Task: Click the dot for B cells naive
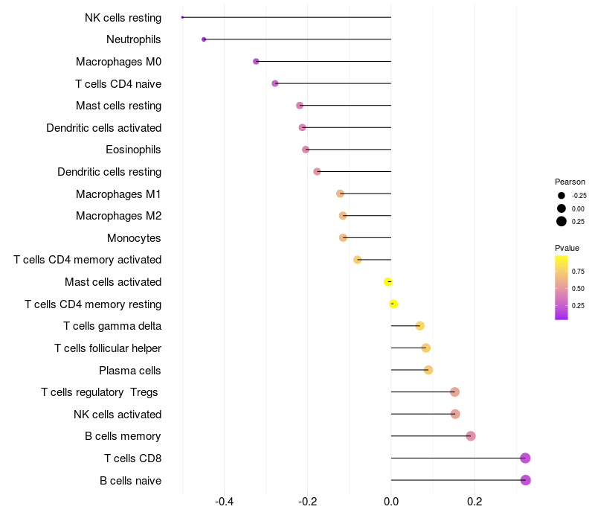pos(526,480)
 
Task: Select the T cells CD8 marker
pos(525,458)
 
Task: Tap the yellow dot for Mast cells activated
pos(388,281)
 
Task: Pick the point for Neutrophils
pos(204,39)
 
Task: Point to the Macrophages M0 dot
pos(256,61)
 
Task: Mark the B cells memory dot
pos(471,436)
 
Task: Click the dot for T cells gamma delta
pos(419,325)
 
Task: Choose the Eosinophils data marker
pos(306,150)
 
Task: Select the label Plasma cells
pos(130,370)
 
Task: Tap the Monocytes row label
pos(134,238)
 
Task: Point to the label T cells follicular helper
pos(108,348)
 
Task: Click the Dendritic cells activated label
pos(103,128)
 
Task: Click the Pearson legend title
pos(570,182)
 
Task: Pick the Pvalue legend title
pos(567,248)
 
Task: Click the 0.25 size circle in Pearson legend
pos(561,221)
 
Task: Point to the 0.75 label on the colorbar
pos(578,272)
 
